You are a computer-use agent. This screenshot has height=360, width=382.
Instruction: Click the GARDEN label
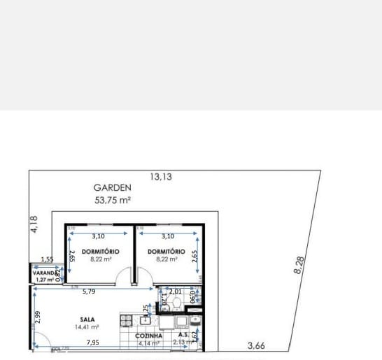[x=113, y=187]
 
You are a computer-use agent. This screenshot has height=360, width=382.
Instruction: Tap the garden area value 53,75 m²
[x=113, y=199]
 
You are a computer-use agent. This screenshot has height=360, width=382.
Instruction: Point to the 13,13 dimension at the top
[x=160, y=177]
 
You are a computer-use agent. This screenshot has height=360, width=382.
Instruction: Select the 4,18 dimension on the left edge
[x=34, y=226]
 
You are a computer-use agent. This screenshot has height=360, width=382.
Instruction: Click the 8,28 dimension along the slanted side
[x=299, y=266]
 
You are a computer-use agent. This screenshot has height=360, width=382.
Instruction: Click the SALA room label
[x=87, y=318]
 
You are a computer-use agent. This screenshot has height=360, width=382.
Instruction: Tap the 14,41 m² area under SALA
[x=87, y=326]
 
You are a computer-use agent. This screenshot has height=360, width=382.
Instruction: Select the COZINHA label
[x=149, y=336]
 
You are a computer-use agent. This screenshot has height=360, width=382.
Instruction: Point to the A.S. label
[x=184, y=335]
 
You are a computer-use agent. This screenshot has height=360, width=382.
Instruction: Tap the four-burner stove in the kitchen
[x=127, y=321]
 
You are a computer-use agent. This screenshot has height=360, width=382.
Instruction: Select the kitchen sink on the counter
[x=146, y=321]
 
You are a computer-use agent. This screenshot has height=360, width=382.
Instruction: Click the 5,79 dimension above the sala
[x=89, y=291]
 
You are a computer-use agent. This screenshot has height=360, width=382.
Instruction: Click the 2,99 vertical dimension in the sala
[x=36, y=317]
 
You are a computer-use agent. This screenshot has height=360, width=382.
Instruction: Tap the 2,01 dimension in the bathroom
[x=175, y=291]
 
